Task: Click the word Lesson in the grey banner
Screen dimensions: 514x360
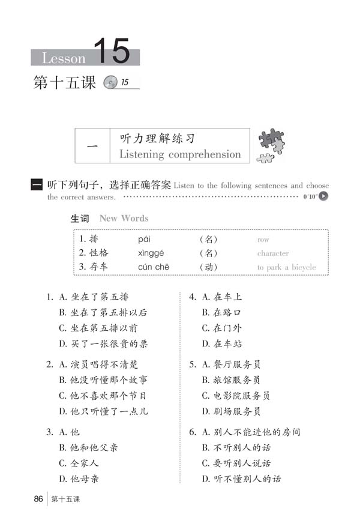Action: tap(64, 58)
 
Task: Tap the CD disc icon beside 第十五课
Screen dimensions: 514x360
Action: tap(110, 83)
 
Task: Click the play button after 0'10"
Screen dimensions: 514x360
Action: tap(324, 196)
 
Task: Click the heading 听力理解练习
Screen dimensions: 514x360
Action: tap(158, 138)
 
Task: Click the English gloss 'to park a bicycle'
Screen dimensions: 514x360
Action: tap(286, 267)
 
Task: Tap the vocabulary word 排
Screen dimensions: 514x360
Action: tap(94, 240)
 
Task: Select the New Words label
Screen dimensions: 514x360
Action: tap(124, 218)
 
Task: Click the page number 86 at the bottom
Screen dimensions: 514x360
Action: tap(38, 499)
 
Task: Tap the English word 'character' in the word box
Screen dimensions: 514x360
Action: tap(273, 253)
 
